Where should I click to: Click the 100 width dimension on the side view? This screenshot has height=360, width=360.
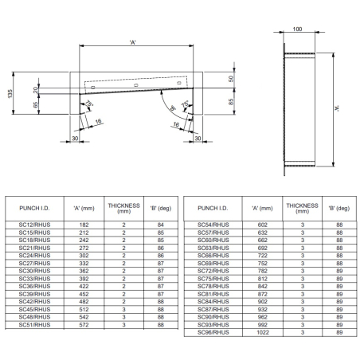click(297, 29)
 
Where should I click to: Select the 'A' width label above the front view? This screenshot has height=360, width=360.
click(135, 41)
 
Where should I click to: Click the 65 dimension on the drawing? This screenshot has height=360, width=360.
click(34, 104)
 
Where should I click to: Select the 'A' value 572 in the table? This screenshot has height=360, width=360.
click(84, 324)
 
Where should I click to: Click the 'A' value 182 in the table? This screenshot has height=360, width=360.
click(84, 227)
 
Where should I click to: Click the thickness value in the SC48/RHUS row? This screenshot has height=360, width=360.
click(124, 317)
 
